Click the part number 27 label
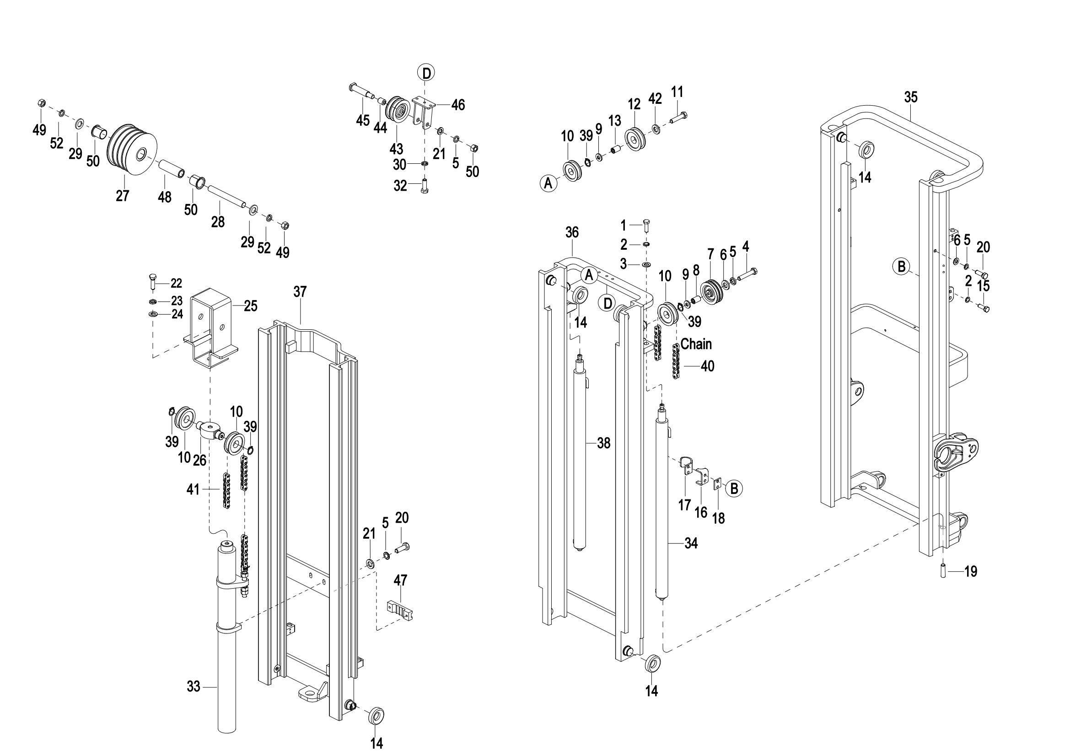[x=123, y=196]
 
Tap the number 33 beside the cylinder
[x=194, y=686]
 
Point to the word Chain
[x=696, y=344]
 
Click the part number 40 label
[x=707, y=366]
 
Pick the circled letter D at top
[x=425, y=73]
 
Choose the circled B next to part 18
[x=734, y=488]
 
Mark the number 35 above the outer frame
[x=911, y=97]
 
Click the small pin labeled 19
[x=943, y=571]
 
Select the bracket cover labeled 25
[x=211, y=326]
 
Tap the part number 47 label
[x=400, y=580]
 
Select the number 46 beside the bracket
[x=458, y=105]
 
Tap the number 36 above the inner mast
[x=572, y=232]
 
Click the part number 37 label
[x=300, y=292]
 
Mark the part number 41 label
[x=193, y=489]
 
